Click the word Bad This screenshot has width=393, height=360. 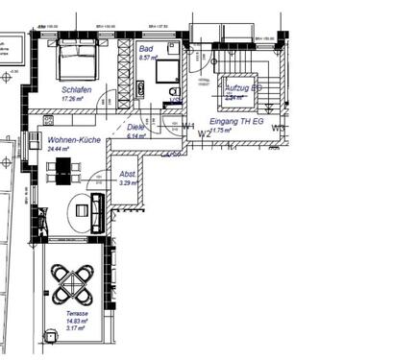tap(145, 48)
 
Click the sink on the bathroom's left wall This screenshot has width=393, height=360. tap(141, 89)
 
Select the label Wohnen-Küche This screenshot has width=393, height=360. tap(67, 140)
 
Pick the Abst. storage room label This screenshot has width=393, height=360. tap(127, 174)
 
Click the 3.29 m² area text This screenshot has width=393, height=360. tap(127, 182)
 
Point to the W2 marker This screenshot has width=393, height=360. tap(204, 133)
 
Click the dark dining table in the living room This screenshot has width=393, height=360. tap(63, 172)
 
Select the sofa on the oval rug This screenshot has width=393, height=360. tap(97, 210)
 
